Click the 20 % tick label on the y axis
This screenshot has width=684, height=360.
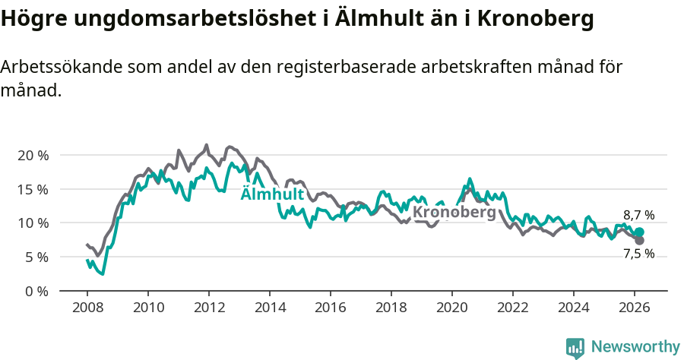[33, 155]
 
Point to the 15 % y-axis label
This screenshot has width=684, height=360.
[33, 189]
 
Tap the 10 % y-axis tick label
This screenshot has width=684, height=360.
[33, 223]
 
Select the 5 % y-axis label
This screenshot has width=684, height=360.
[36, 257]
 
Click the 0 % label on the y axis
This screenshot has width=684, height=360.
[36, 292]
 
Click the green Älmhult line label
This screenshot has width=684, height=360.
[272, 194]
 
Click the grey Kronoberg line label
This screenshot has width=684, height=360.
[454, 212]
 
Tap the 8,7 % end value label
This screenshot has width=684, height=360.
[638, 216]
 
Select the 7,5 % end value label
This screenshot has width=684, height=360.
[638, 254]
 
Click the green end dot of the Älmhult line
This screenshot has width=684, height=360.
[639, 232]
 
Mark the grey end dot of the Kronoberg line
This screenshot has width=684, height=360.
[639, 241]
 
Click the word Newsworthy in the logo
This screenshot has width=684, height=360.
[635, 347]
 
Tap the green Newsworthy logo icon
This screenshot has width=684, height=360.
[575, 348]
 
